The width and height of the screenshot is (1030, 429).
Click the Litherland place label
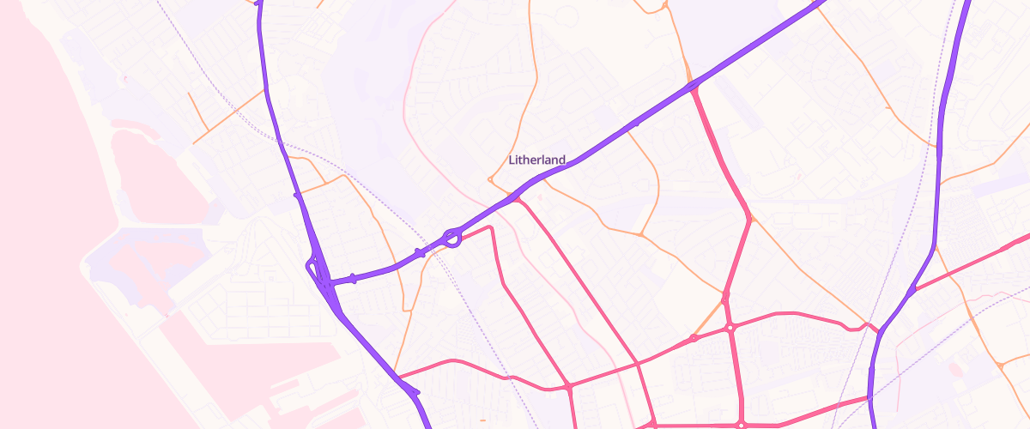(x=537, y=160)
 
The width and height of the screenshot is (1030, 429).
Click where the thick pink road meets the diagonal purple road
(x=692, y=86)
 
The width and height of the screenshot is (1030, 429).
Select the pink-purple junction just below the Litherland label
(x=517, y=200)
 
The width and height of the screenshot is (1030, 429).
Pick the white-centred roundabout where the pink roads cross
(x=730, y=327)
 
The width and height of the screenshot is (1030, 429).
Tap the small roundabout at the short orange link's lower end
(x=694, y=337)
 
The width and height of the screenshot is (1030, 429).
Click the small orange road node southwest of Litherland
(x=490, y=179)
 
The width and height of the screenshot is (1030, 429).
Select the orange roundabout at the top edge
(x=665, y=7)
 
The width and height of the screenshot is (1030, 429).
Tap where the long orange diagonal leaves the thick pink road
(x=750, y=218)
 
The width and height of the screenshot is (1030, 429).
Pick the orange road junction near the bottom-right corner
(x=1001, y=366)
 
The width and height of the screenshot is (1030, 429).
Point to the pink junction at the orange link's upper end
(x=725, y=297)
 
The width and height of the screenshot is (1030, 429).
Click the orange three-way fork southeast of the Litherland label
(x=641, y=234)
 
